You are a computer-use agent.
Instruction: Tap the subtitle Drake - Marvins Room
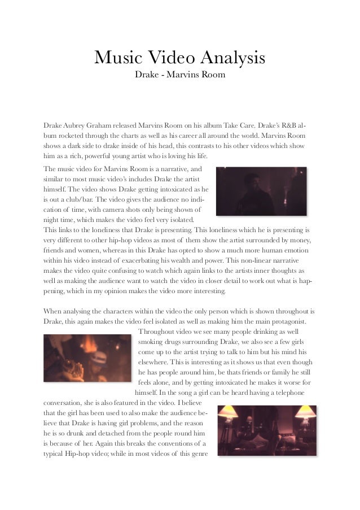click(179, 75)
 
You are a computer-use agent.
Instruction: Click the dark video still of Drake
click(261, 192)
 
